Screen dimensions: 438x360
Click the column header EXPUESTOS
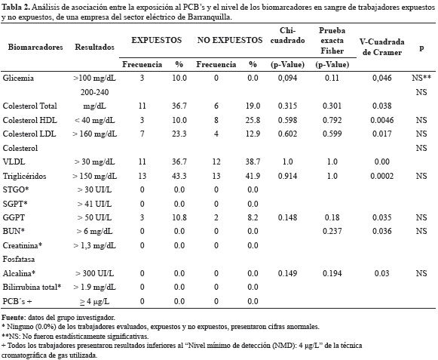[x=157, y=40]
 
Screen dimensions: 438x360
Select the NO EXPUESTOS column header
[x=230, y=40]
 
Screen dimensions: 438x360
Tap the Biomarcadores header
[x=35, y=47]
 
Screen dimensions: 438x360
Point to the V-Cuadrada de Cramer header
[x=382, y=47]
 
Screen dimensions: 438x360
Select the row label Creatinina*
[x=23, y=245]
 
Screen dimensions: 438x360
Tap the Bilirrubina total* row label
[x=32, y=287]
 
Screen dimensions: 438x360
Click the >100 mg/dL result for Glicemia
[x=95, y=78]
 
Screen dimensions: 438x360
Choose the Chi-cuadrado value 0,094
[x=287, y=78]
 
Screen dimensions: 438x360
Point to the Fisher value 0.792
[x=332, y=120]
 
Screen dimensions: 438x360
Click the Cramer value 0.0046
[x=382, y=120]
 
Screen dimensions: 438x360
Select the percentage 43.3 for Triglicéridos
[x=179, y=176]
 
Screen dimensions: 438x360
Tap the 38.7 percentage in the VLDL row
[x=253, y=162]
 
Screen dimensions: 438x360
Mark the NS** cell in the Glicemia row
[x=421, y=78]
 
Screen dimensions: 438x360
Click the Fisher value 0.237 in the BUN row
[x=332, y=231]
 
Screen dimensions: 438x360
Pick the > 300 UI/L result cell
[x=95, y=273]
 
